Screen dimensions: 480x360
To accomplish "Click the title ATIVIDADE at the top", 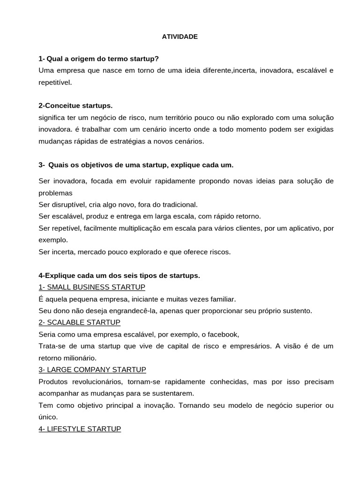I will click(180, 37).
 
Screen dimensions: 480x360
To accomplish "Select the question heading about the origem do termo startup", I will click(99, 59).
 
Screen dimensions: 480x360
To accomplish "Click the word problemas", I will click(56, 193).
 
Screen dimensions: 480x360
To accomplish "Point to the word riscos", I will click(219, 252).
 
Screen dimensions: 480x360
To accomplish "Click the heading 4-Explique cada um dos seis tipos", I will click(120, 275).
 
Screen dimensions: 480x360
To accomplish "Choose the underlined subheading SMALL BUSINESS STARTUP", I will click(92, 287).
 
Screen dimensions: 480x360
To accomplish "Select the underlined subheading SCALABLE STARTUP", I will click(80, 322).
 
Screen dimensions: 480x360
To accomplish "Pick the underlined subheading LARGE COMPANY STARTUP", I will click(92, 369).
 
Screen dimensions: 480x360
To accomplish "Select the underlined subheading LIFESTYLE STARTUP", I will click(80, 428).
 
